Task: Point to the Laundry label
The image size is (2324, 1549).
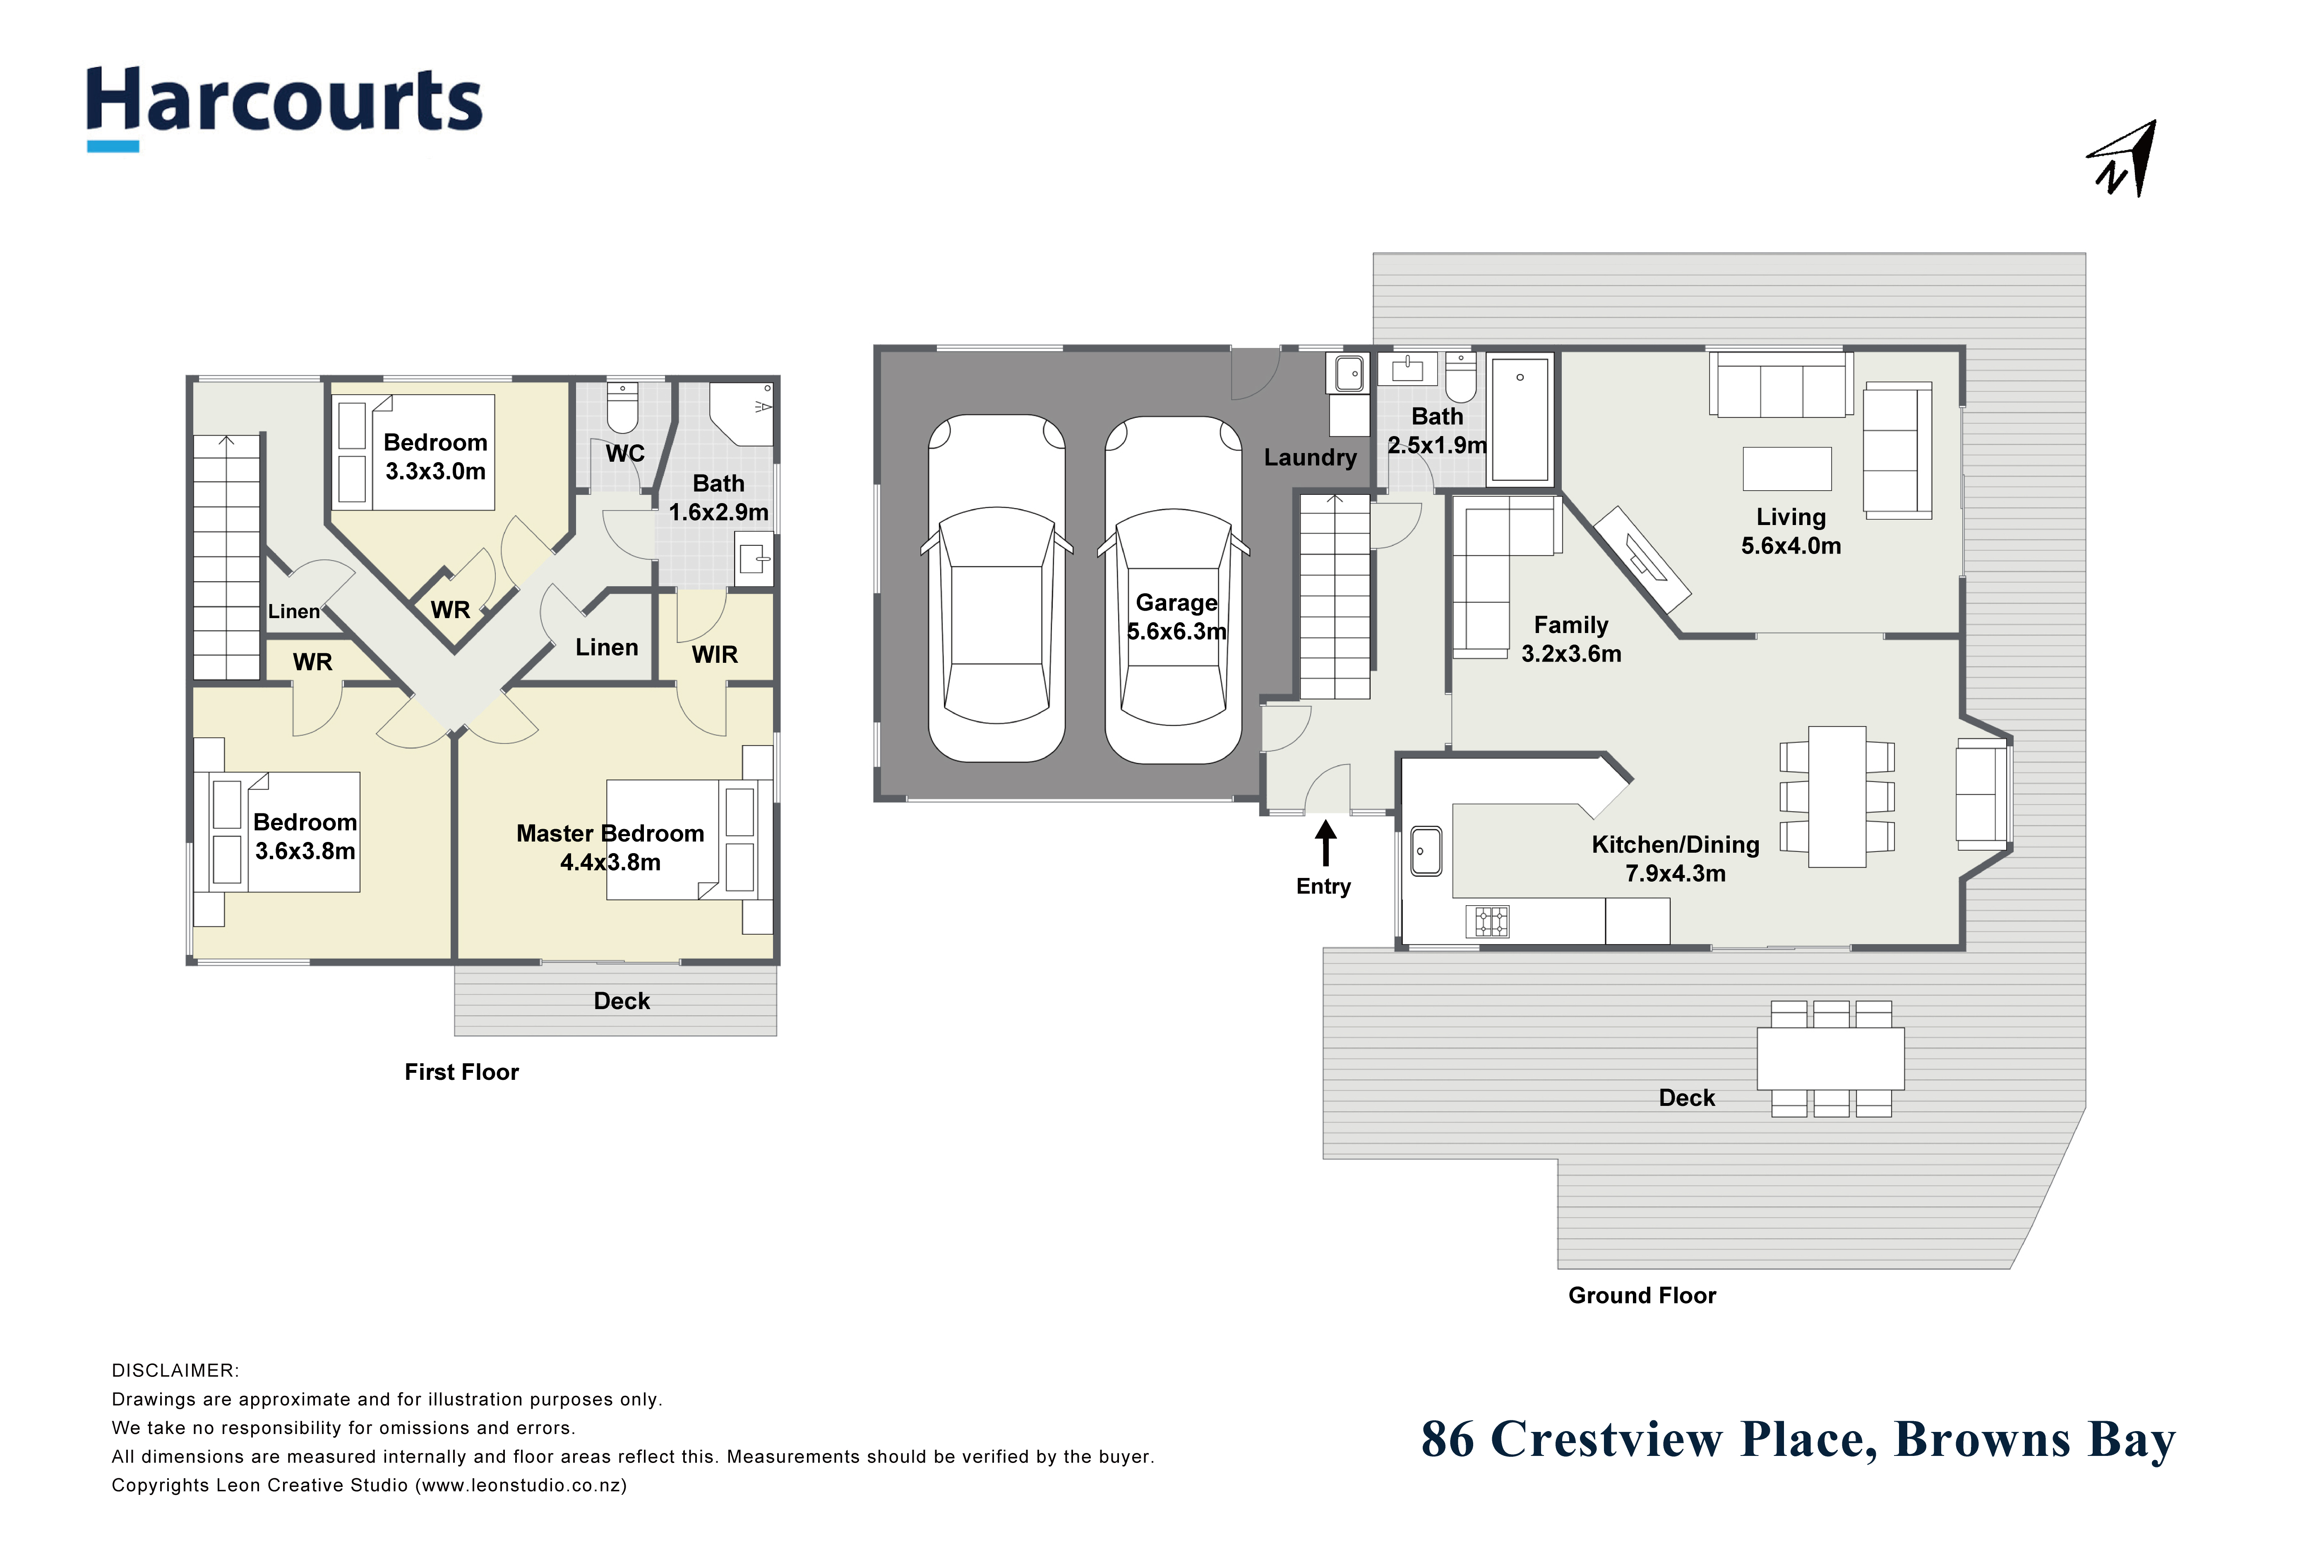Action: pos(1310,458)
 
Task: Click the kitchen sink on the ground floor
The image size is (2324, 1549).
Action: pos(1426,851)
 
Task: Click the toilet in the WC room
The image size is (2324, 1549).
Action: pos(622,409)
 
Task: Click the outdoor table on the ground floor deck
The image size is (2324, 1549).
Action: pos(1830,1058)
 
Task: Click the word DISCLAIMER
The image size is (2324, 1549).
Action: pos(175,1371)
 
